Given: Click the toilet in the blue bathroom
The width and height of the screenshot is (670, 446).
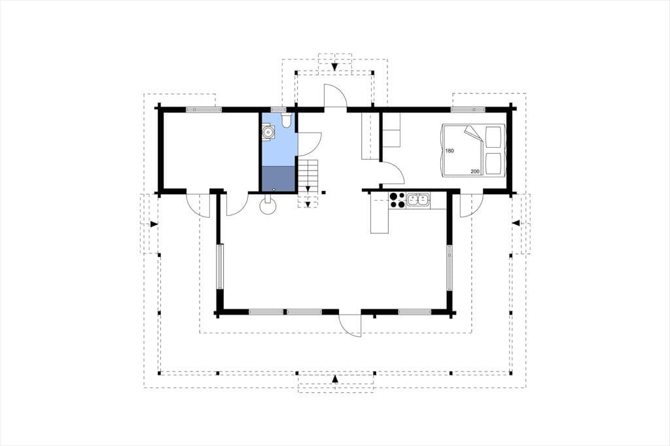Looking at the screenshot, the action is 286,120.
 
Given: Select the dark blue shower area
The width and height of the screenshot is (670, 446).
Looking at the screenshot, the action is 278,179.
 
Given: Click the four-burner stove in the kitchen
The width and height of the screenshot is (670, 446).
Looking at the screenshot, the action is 397,200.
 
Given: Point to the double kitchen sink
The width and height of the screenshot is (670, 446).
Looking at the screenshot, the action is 418,200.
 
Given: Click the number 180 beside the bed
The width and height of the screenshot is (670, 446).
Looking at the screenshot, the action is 449,151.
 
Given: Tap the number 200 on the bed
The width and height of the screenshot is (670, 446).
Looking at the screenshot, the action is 475,172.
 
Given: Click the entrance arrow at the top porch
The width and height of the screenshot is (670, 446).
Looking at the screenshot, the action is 335,67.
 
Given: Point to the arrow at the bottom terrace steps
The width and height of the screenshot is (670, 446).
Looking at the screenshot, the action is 335,379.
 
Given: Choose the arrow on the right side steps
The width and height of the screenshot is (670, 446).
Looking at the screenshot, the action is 516,223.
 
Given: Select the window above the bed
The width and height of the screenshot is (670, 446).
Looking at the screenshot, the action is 468,110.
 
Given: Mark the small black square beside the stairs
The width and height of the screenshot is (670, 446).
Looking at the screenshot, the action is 324,192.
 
